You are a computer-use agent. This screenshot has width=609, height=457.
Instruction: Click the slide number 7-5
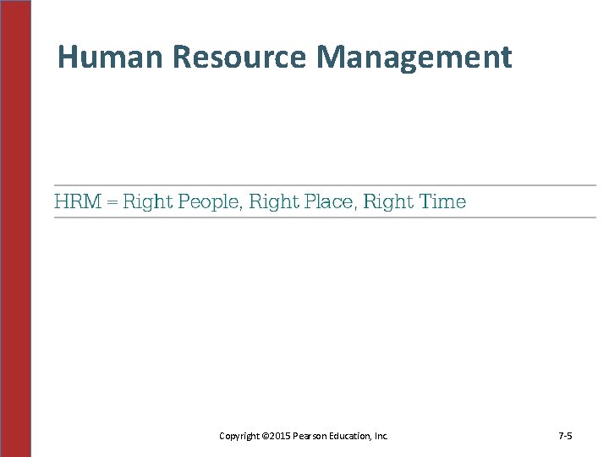[566, 436]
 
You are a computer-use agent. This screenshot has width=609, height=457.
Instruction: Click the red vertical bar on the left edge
[16, 228]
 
